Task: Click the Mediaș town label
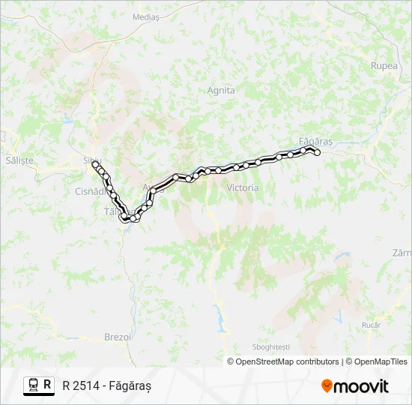[x=145, y=16]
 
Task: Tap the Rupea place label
[x=384, y=65]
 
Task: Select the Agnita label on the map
[x=220, y=90]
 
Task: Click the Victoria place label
[x=242, y=187]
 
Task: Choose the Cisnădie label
[x=92, y=191]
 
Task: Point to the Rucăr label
[x=371, y=325]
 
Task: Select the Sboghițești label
[x=270, y=347]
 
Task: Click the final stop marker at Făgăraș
[x=317, y=152]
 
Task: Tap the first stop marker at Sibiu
[x=95, y=163]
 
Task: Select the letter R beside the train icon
[x=48, y=385]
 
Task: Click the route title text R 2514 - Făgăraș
[x=107, y=385]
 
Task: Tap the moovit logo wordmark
[x=361, y=386]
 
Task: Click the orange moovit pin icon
[x=327, y=386]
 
